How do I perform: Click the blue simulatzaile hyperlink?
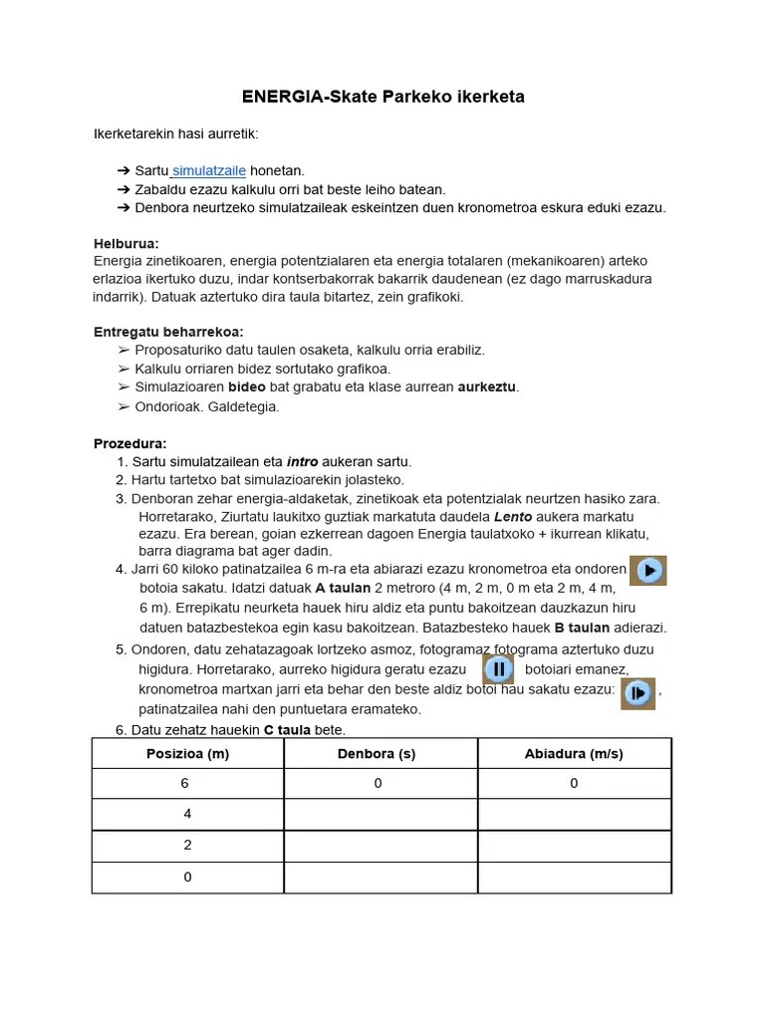[209, 171]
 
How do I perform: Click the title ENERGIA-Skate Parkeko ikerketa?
[382, 97]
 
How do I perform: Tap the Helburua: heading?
[127, 243]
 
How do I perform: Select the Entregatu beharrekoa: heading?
[168, 332]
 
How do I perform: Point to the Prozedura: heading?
[130, 443]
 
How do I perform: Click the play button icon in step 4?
[648, 571]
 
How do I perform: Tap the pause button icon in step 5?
[499, 668]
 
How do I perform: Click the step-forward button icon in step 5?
[637, 692]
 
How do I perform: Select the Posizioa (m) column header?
[187, 754]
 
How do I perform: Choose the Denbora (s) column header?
[379, 754]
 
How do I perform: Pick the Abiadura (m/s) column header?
[574, 754]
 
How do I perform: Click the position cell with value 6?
[187, 784]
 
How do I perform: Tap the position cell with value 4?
[187, 815]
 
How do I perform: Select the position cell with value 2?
[187, 846]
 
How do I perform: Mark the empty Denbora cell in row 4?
[379, 878]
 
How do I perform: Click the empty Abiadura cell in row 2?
[574, 815]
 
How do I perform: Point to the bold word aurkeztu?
[487, 386]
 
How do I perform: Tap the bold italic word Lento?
[513, 517]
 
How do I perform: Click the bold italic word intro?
[302, 462]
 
